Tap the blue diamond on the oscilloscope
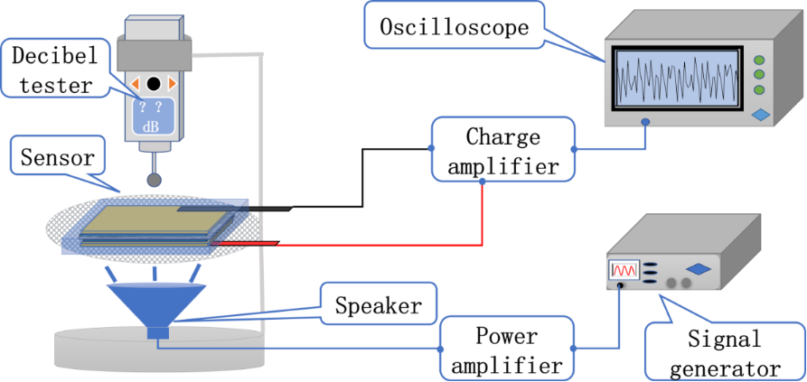(761, 115)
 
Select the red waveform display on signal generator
(624, 269)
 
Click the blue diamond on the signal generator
(698, 268)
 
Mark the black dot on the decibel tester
(154, 84)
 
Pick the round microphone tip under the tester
(155, 180)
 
